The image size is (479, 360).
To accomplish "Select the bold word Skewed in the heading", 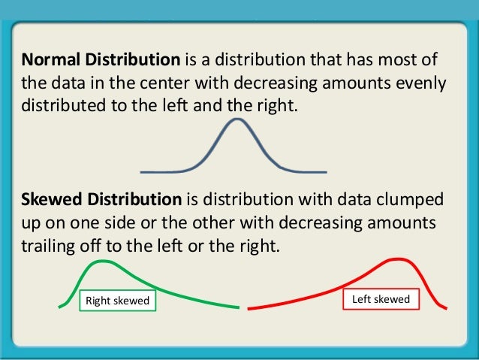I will pos(51,201).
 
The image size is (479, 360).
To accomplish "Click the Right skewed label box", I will pos(117,301).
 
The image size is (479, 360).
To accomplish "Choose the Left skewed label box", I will pos(381,299).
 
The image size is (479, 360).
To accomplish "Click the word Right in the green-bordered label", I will pos(99,301).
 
